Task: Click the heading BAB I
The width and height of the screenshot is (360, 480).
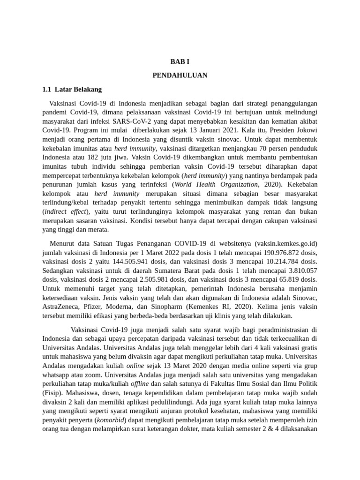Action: [180, 61]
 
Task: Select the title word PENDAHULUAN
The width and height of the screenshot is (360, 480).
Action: [180, 75]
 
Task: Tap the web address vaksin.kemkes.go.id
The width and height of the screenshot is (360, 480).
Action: [286, 243]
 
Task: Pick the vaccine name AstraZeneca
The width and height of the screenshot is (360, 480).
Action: [61, 307]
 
